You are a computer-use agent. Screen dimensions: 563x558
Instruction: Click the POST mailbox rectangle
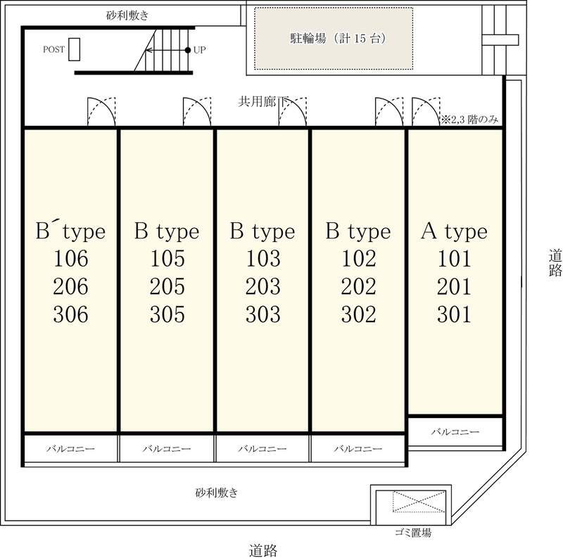pyautogui.click(x=74, y=49)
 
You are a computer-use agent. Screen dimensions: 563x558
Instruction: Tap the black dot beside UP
pyautogui.click(x=187, y=50)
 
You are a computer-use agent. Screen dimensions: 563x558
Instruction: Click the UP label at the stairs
pyautogui.click(x=199, y=50)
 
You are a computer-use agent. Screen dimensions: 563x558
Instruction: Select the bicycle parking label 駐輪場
pyautogui.click(x=308, y=38)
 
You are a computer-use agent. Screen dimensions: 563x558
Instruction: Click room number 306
pyautogui.click(x=71, y=315)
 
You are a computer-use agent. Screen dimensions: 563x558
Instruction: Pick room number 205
pyautogui.click(x=167, y=286)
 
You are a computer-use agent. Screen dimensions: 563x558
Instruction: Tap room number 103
pyautogui.click(x=262, y=258)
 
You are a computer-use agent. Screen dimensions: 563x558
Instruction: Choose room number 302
pyautogui.click(x=359, y=315)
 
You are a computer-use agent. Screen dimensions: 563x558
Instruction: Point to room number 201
pyautogui.click(x=454, y=286)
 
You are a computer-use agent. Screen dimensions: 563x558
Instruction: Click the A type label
pyautogui.click(x=454, y=231)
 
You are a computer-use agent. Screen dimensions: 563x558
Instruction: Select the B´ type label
pyautogui.click(x=71, y=231)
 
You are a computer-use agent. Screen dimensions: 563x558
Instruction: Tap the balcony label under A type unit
pyautogui.click(x=455, y=431)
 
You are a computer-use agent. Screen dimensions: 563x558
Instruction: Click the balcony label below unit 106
pyautogui.click(x=71, y=449)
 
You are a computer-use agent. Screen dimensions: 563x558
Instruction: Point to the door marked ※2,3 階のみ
pyautogui.click(x=426, y=112)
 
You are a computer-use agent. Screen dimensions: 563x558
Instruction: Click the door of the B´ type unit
pyautogui.click(x=101, y=112)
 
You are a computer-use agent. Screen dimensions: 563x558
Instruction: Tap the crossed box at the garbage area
pyautogui.click(x=419, y=502)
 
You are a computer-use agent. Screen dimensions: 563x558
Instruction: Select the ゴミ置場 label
pyautogui.click(x=413, y=533)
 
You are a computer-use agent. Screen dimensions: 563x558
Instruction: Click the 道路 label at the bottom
pyautogui.click(x=263, y=550)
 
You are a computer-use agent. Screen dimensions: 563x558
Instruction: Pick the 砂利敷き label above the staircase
pyautogui.click(x=127, y=15)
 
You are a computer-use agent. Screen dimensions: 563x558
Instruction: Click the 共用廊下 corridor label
pyautogui.click(x=263, y=101)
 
